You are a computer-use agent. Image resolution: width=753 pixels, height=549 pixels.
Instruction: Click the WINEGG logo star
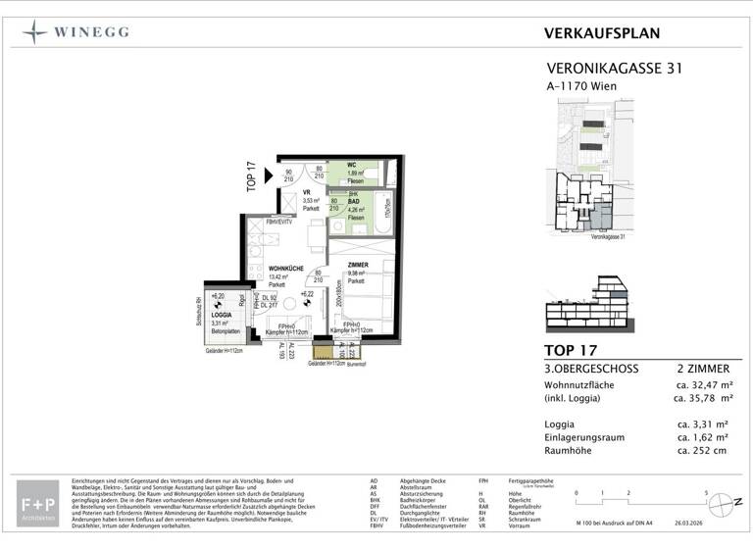click(x=35, y=31)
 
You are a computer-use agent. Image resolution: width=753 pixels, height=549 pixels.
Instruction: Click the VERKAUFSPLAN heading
click(x=602, y=32)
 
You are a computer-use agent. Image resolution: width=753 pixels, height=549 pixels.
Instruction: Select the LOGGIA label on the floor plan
click(x=220, y=314)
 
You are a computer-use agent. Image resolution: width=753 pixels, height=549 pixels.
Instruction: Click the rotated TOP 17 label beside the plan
click(x=251, y=177)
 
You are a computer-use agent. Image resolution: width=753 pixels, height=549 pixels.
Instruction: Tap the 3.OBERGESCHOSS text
click(x=591, y=368)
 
